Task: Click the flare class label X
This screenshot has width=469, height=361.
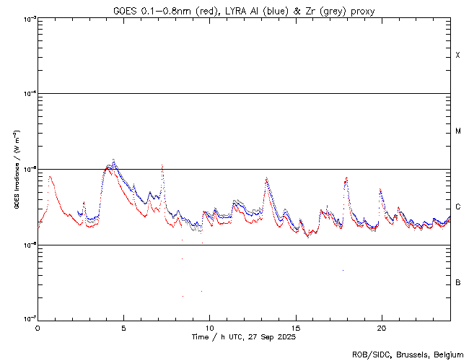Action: tap(458, 56)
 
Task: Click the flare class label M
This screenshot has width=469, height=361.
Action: tap(458, 131)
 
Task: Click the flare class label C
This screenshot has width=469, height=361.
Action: tap(458, 207)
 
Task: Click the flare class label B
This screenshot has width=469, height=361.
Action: tap(458, 282)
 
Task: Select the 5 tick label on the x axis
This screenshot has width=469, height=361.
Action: tap(123, 328)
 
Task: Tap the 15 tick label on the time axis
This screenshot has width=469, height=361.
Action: tap(295, 328)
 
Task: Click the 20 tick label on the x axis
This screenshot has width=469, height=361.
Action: tap(381, 328)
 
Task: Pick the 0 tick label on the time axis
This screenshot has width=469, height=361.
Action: tap(38, 328)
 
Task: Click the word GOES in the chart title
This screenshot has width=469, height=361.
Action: tap(124, 11)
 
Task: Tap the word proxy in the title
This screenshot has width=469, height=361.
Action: tap(361, 11)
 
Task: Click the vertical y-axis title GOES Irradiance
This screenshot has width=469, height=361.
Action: tap(16, 170)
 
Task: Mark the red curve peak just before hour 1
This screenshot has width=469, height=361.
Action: tap(50, 175)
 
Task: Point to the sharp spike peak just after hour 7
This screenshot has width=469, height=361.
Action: tap(162, 165)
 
